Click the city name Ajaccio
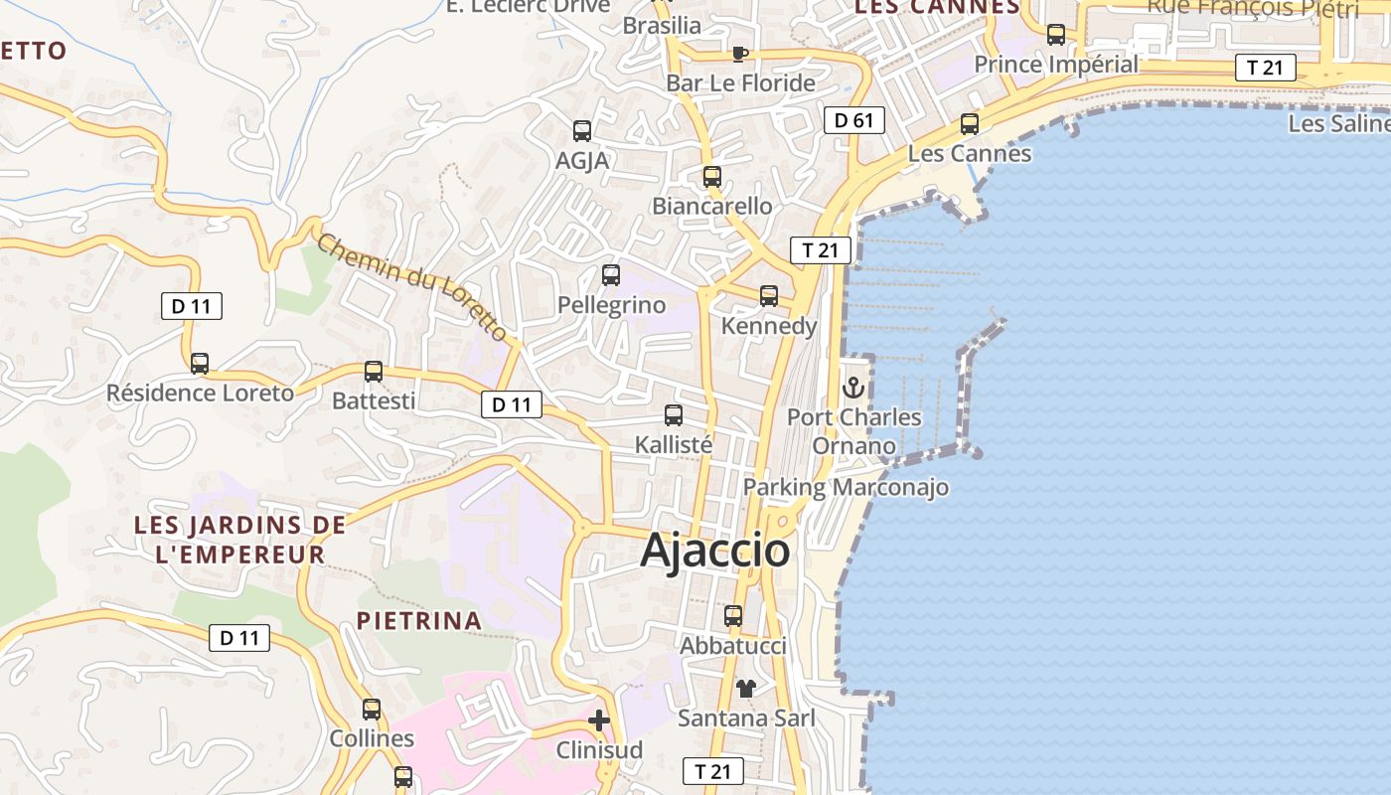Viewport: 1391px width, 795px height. coord(715,550)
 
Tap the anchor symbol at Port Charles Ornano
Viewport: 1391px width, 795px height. coord(852,388)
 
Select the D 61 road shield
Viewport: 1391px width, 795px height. coord(853,120)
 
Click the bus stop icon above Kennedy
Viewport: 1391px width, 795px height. coord(769,296)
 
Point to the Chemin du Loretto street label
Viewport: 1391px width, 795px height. coord(413,285)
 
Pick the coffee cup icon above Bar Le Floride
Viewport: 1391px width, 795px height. coord(738,54)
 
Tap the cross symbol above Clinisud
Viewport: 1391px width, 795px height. coord(599,720)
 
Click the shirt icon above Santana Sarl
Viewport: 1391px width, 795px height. coord(746,688)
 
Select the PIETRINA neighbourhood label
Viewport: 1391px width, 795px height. coord(419,621)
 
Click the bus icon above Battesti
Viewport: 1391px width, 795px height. coord(374,372)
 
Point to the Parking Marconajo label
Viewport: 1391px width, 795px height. coord(846,487)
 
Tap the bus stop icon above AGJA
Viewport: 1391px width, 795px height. coord(582,130)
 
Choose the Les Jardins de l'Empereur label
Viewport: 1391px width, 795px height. coord(240,540)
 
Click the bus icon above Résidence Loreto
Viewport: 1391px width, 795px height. coord(200,364)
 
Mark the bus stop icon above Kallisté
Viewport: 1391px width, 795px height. coord(674,415)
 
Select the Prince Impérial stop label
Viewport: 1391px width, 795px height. coord(1056,65)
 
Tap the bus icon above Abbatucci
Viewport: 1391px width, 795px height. coord(733,616)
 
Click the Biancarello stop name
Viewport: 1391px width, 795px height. coord(711,206)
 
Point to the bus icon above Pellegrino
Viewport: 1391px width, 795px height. coord(611,275)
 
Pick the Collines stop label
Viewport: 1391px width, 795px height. coord(372,738)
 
